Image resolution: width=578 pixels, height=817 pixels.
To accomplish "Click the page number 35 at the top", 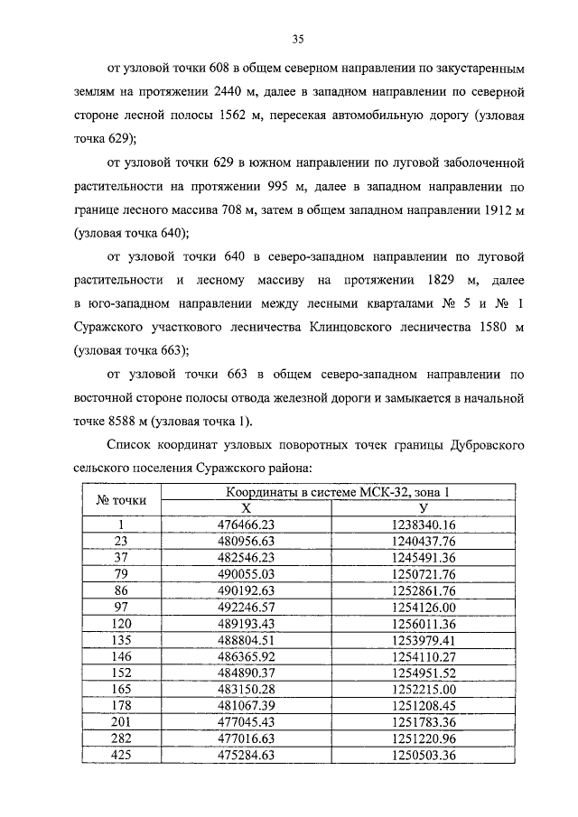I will click(298, 38).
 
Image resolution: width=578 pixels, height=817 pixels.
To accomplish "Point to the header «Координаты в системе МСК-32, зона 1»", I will click(337, 492).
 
